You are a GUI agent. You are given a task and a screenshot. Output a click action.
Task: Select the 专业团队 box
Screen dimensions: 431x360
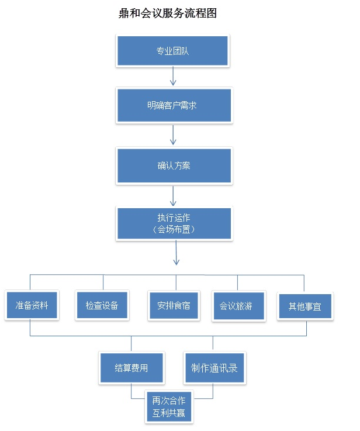[x=172, y=50]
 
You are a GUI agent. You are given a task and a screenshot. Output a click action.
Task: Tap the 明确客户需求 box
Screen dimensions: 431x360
[x=174, y=106]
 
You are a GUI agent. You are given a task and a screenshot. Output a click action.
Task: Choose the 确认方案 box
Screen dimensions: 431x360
[x=174, y=165]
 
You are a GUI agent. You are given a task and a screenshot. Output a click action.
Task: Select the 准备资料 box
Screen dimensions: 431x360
[x=32, y=305]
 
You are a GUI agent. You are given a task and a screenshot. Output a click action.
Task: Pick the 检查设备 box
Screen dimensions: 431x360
[x=102, y=305]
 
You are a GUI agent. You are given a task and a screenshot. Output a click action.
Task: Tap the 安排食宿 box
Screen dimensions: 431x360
[x=174, y=305]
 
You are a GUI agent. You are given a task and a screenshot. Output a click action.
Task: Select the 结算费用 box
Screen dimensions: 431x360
[x=131, y=369]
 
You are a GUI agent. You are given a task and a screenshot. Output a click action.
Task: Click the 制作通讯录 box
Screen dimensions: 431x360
[x=214, y=369]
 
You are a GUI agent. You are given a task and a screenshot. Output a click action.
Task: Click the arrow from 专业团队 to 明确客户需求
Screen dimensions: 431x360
[x=173, y=76]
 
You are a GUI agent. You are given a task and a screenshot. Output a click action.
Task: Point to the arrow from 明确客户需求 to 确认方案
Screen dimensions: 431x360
[x=173, y=135]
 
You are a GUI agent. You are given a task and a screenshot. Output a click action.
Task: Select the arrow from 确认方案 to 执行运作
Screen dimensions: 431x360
[x=173, y=195]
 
